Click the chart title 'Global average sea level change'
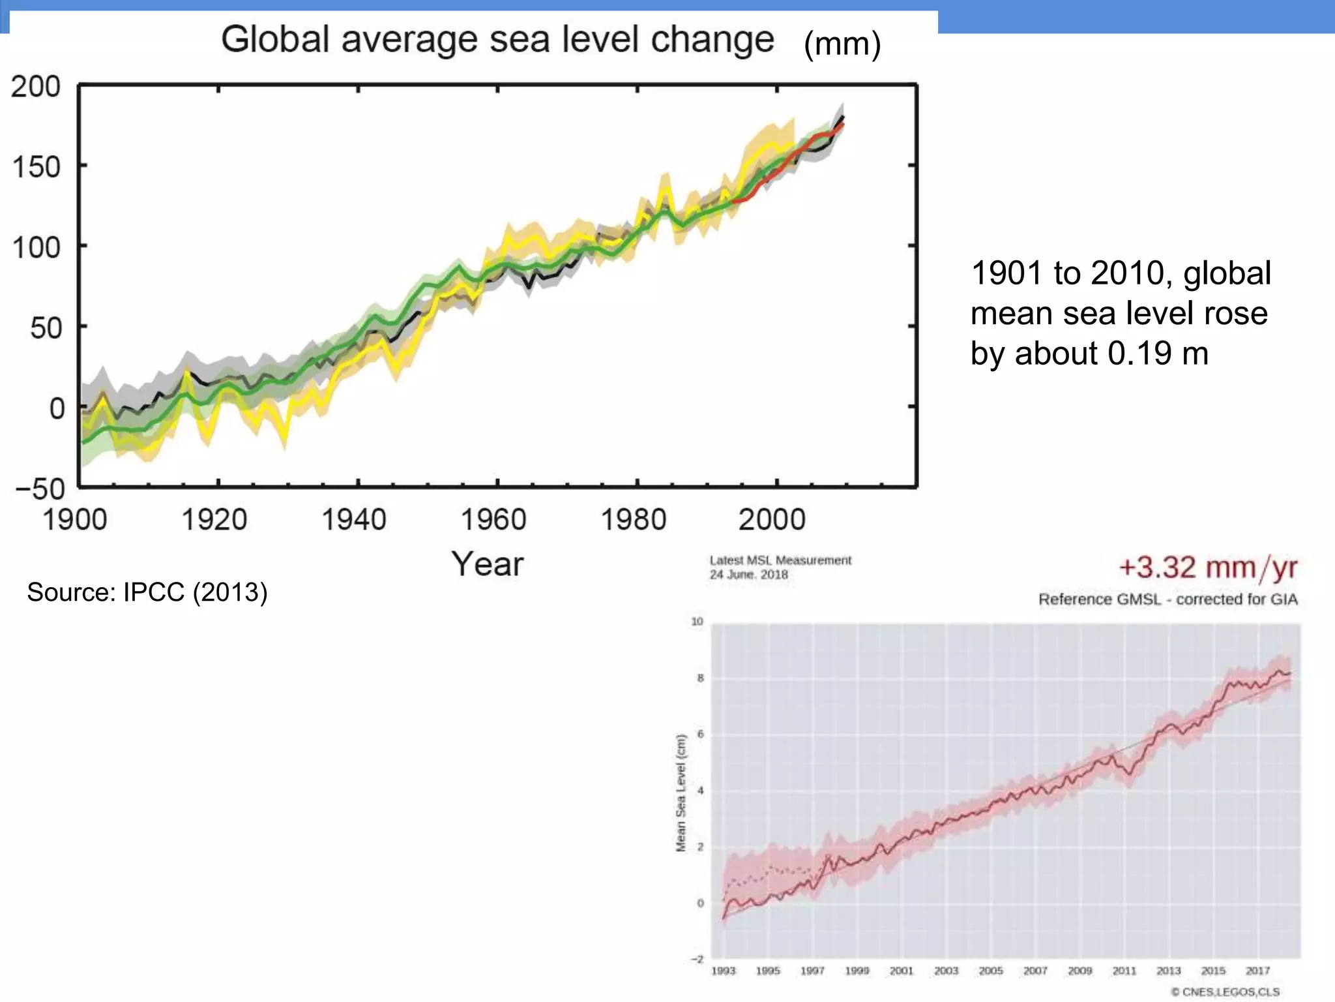[x=497, y=39]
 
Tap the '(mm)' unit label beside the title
[x=842, y=44]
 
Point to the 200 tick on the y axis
[x=36, y=87]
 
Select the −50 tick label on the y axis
[x=40, y=489]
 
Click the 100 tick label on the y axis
[x=36, y=248]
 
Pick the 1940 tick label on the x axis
[x=354, y=520]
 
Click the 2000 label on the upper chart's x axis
[x=772, y=520]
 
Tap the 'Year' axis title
[x=488, y=564]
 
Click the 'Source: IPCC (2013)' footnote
[x=147, y=592]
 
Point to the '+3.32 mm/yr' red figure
[x=1208, y=568]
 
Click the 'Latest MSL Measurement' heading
[x=780, y=560]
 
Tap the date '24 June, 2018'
[x=748, y=575]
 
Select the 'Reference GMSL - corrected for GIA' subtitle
[x=1167, y=600]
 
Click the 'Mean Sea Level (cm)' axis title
[x=681, y=793]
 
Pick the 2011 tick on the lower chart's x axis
[x=1124, y=971]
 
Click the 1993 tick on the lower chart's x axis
[x=723, y=971]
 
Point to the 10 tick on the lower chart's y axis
[x=697, y=621]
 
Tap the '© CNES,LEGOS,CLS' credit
[x=1225, y=992]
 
